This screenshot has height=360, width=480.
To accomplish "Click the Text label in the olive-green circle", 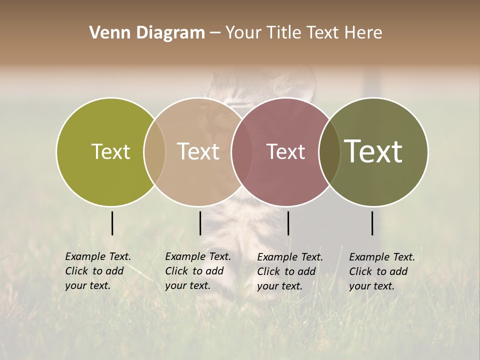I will click(x=111, y=151).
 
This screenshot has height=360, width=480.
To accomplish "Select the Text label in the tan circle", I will click(x=198, y=151).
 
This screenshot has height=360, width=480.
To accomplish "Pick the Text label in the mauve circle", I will click(x=286, y=151).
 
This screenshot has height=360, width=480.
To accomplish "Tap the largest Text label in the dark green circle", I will click(x=373, y=151).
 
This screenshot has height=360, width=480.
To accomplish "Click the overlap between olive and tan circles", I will click(x=154, y=151).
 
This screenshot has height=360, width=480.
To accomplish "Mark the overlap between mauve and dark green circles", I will click(x=329, y=151).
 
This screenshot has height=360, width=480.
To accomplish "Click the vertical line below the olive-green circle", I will click(x=112, y=223).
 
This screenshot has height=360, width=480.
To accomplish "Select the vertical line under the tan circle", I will click(x=200, y=223).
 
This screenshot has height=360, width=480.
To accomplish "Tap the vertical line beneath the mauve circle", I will click(x=288, y=223).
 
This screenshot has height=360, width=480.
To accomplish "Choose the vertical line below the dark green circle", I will click(x=372, y=223).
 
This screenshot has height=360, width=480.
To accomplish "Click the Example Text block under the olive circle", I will click(x=98, y=271).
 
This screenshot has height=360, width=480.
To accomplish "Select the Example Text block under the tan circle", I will click(x=198, y=271).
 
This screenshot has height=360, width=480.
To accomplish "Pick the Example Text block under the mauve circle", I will click(x=290, y=271).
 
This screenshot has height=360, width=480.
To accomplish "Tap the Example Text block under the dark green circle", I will click(x=382, y=271).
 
